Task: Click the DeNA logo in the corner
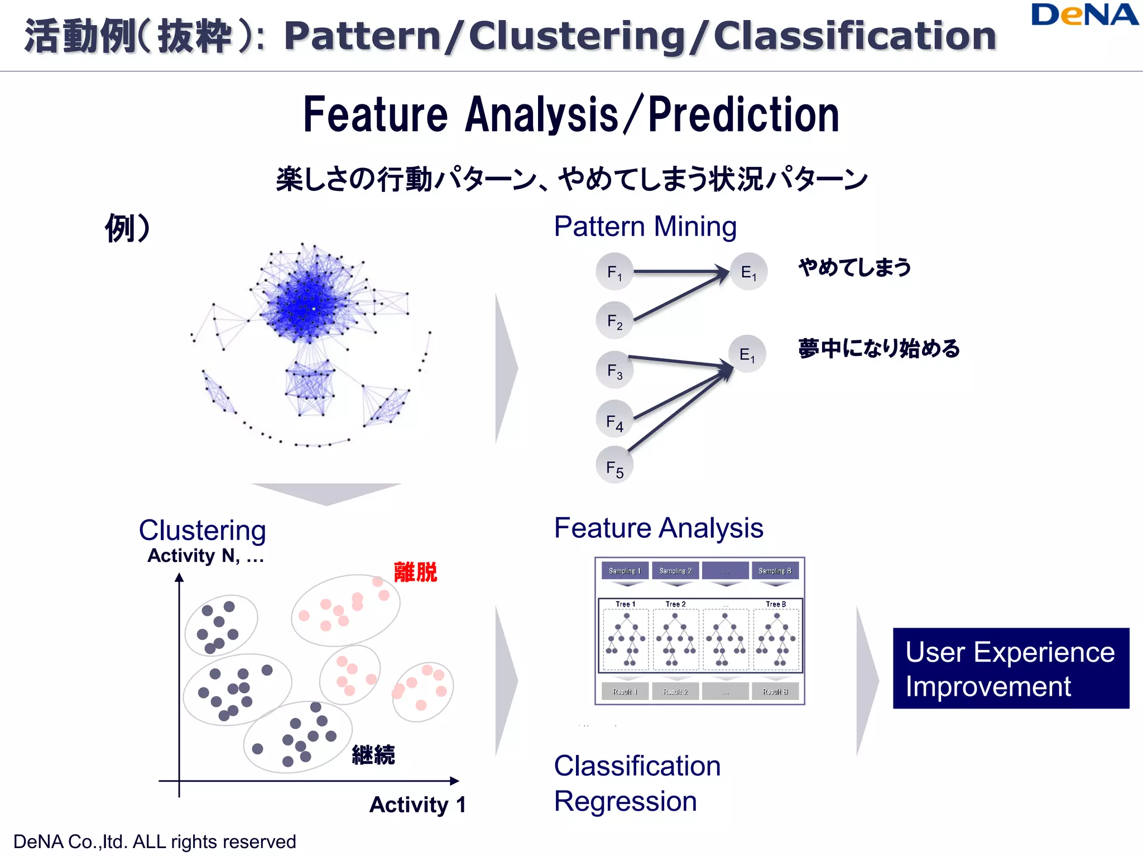click(x=1084, y=15)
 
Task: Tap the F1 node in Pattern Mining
click(x=614, y=272)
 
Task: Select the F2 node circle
click(x=614, y=321)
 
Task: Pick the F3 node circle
click(x=614, y=370)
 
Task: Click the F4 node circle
click(x=614, y=420)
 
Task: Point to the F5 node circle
click(x=614, y=466)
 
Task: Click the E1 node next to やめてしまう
click(x=748, y=272)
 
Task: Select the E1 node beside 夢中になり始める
click(x=747, y=354)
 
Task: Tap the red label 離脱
click(x=415, y=572)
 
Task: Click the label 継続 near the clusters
click(x=373, y=755)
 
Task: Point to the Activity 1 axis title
click(x=417, y=805)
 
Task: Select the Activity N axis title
click(x=205, y=556)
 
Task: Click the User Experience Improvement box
click(x=1011, y=668)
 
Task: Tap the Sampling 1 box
click(x=625, y=571)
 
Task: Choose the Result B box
click(x=775, y=691)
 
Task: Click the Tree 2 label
click(x=675, y=604)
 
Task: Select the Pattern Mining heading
click(x=645, y=227)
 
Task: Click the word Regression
click(x=626, y=801)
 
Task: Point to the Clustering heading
click(x=202, y=530)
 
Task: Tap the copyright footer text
click(x=155, y=841)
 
